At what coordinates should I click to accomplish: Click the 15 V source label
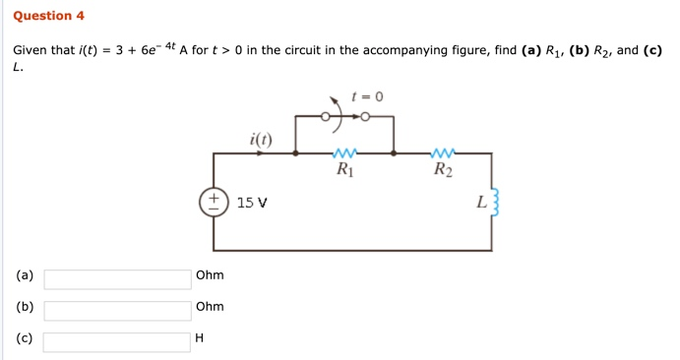click(253, 203)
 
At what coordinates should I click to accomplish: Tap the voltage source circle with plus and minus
click(213, 203)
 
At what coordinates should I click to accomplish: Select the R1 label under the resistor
click(344, 170)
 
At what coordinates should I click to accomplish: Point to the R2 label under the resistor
click(444, 170)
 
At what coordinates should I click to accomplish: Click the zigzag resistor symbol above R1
click(344, 153)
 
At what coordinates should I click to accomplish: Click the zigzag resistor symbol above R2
click(443, 153)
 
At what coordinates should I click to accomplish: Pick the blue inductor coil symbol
click(495, 205)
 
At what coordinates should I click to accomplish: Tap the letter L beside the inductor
click(480, 204)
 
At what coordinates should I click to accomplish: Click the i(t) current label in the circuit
click(261, 139)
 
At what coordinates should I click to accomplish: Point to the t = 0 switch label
click(367, 96)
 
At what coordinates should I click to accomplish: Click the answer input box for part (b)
click(117, 311)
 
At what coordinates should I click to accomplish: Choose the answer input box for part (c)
click(117, 342)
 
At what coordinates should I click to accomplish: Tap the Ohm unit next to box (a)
click(210, 275)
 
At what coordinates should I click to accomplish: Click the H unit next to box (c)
click(200, 338)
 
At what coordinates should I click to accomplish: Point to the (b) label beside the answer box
click(25, 307)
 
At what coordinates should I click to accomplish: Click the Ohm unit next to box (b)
click(210, 307)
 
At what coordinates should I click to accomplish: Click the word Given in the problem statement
click(32, 50)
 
